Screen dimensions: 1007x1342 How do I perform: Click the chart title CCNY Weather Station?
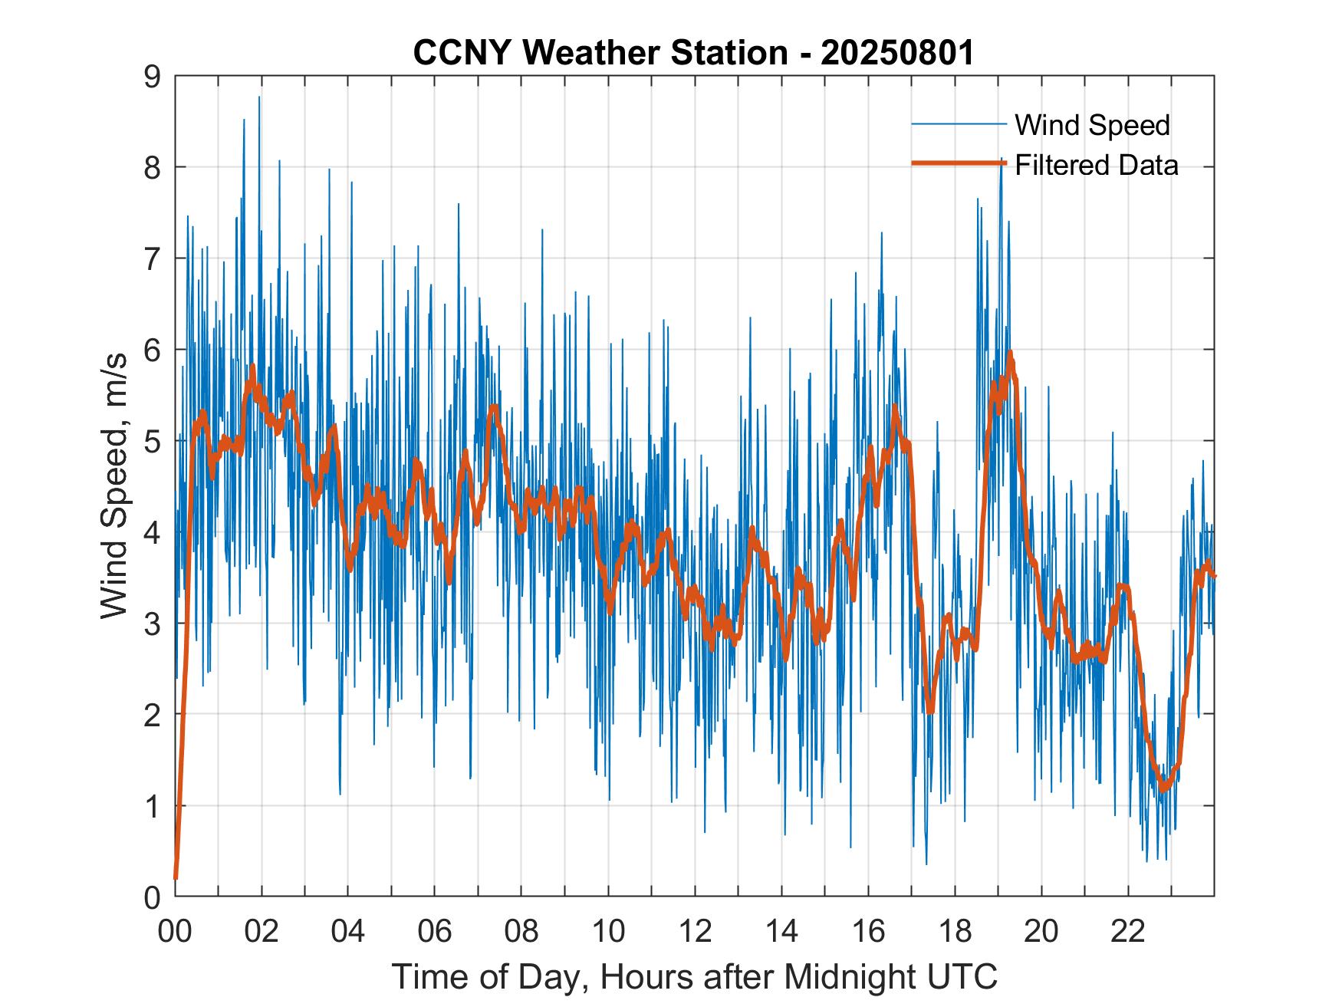(600, 53)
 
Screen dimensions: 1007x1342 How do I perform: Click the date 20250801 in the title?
(897, 53)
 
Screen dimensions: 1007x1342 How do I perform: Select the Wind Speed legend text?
(1092, 125)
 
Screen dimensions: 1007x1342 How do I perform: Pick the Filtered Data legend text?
(1096, 165)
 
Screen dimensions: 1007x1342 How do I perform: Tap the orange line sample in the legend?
(959, 163)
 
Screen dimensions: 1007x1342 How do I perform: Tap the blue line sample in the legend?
(959, 124)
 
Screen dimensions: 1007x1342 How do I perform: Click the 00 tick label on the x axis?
(175, 931)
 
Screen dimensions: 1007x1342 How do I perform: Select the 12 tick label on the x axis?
(695, 931)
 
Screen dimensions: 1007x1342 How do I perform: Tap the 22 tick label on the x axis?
(1128, 931)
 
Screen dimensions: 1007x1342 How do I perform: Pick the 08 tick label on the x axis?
(521, 931)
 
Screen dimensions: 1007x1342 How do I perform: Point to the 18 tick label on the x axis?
(955, 931)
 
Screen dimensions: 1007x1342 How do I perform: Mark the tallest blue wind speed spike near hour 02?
(259, 97)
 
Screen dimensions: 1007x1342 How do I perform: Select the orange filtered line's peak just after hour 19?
(1011, 354)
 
